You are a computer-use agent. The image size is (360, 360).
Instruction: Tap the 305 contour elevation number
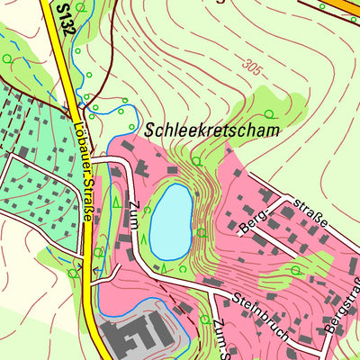pos(256,66)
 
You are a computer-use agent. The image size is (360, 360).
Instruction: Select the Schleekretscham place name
pos(212,130)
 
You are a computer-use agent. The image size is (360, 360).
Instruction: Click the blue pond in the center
pos(171,220)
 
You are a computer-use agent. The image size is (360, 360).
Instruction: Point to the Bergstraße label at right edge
pos(344,307)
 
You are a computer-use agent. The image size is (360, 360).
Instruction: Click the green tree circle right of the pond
pos(202,232)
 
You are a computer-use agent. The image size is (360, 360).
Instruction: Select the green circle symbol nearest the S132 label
pos(81,7)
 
